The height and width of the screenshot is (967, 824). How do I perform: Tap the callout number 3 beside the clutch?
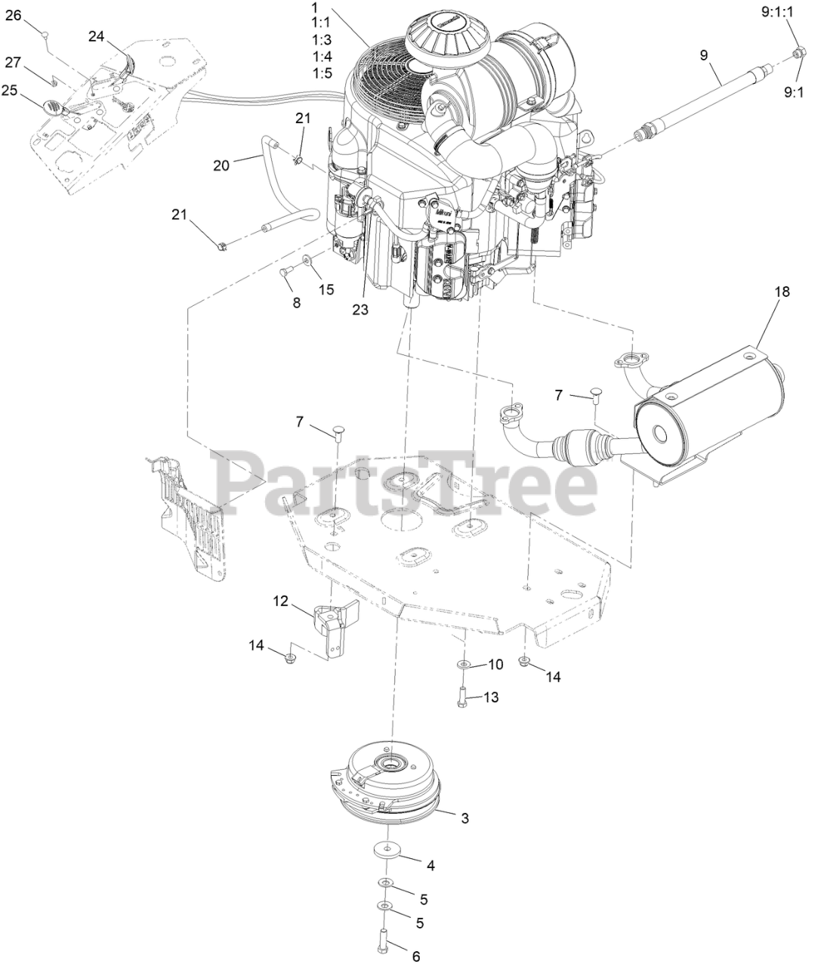click(464, 817)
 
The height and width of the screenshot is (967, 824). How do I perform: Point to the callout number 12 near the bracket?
click(280, 601)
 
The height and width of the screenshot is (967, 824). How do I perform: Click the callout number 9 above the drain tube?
click(705, 55)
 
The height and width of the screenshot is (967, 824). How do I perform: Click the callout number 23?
click(360, 309)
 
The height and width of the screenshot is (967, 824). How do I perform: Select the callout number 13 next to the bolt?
click(490, 697)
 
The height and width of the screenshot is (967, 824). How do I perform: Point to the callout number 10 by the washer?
click(495, 664)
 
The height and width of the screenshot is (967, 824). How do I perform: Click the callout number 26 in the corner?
click(14, 14)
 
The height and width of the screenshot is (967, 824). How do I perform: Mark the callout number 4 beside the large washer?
click(431, 864)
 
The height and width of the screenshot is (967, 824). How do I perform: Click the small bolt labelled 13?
click(461, 698)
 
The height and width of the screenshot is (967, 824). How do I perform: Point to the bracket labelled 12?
click(331, 619)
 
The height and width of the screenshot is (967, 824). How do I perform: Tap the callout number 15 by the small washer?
click(326, 289)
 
